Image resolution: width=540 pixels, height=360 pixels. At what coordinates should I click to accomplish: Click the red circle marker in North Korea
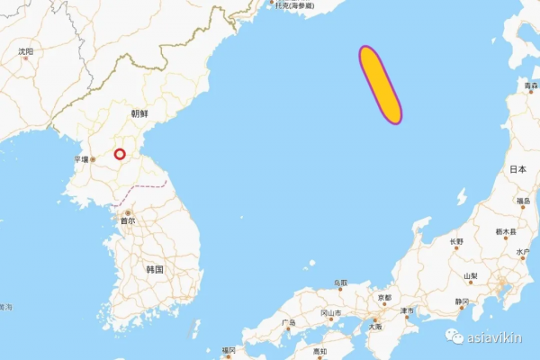tap(120, 154)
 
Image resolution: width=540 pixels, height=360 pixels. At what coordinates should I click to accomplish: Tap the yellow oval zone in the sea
tap(380, 84)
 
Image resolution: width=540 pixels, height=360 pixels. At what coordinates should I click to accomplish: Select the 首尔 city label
tap(128, 220)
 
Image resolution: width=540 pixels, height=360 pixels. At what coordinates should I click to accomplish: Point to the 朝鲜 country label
tap(139, 113)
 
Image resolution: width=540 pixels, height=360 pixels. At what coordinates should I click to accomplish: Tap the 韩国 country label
tap(154, 269)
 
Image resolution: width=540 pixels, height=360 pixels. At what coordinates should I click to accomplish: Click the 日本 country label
tap(517, 169)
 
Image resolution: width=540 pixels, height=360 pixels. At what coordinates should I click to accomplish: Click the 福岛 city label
tap(522, 202)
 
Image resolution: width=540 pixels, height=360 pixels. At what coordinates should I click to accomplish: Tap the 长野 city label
tap(457, 241)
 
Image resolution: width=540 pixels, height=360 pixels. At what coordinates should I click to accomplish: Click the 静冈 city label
tap(462, 301)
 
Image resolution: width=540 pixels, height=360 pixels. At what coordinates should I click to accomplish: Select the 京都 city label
tap(384, 297)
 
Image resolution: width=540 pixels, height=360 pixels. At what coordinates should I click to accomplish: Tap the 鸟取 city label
tap(340, 283)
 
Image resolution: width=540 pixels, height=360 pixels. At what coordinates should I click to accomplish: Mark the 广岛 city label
tap(288, 322)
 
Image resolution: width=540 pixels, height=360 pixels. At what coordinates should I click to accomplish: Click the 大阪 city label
tap(373, 328)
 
